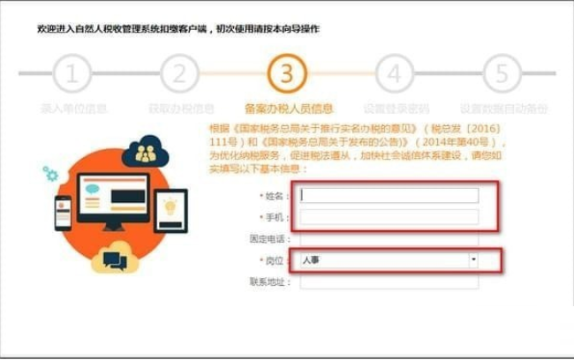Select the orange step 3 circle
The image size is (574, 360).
[286, 74]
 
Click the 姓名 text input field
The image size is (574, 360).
[389, 195]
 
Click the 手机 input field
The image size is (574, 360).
[389, 217]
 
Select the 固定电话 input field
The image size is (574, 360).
[389, 239]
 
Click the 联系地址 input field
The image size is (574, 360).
[389, 282]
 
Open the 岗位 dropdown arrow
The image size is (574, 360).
[473, 260]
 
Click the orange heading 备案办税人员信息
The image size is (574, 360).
[288, 109]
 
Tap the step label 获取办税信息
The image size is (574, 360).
[181, 109]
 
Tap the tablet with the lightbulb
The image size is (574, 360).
[170, 210]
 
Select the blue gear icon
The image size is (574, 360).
[50, 174]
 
